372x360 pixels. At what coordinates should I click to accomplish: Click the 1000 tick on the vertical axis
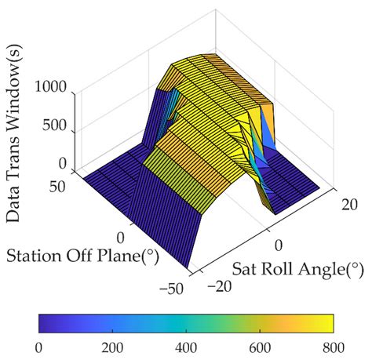point(52,91)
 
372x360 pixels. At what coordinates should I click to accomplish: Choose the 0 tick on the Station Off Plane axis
point(121,237)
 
